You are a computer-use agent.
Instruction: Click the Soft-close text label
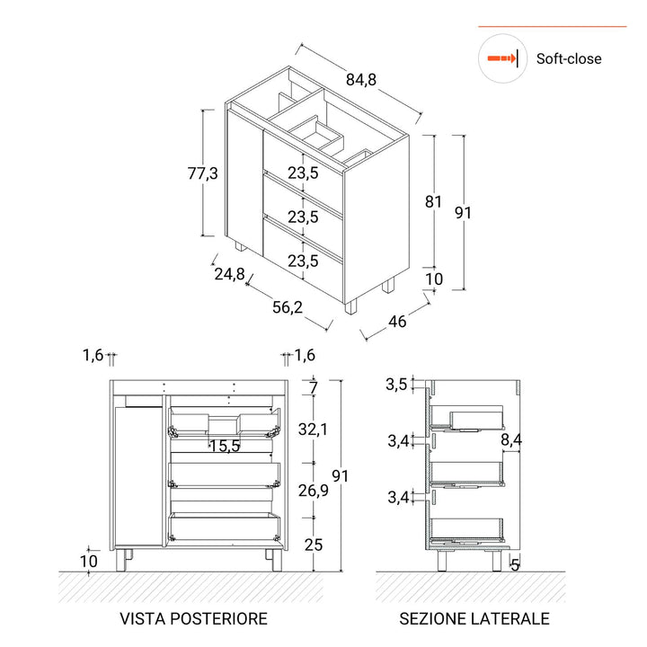click(569, 59)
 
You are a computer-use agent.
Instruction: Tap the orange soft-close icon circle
click(501, 59)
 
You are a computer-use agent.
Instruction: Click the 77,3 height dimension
click(202, 174)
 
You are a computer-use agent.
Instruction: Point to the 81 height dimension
click(433, 202)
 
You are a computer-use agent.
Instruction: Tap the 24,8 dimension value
click(229, 275)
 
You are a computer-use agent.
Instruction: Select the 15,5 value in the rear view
click(224, 445)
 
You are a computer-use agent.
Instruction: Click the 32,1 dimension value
click(313, 430)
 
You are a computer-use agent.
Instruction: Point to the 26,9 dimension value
click(313, 490)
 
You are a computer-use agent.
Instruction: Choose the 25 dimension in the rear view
click(313, 545)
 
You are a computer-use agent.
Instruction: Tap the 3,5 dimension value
click(396, 385)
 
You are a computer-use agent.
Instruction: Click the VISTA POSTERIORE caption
click(193, 618)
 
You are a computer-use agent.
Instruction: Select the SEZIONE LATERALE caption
click(474, 618)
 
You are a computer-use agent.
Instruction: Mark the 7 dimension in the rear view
click(313, 388)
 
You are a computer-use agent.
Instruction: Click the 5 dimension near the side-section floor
click(515, 564)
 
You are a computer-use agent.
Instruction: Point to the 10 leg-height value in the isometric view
click(433, 279)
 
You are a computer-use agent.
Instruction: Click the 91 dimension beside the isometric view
click(464, 213)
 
